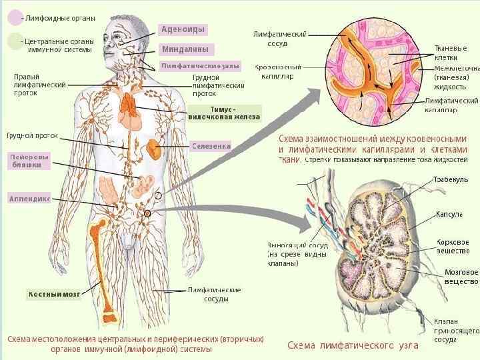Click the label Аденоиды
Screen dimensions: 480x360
[x=183, y=30]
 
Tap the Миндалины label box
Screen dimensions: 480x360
[x=184, y=49]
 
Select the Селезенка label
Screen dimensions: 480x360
[x=210, y=145]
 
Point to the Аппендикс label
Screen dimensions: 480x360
[x=29, y=199]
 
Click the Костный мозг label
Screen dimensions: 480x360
[x=54, y=294]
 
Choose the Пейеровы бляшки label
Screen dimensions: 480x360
[x=29, y=161]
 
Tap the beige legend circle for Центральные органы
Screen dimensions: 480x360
[x=14, y=42]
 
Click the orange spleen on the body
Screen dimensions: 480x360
[x=155, y=147]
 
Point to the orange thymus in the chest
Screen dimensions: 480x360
[x=128, y=103]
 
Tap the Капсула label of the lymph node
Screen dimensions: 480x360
[x=449, y=214]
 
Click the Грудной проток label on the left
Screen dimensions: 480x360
[x=32, y=135]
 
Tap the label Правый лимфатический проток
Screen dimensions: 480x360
[x=39, y=85]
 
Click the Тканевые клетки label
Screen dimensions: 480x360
[x=451, y=53]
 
